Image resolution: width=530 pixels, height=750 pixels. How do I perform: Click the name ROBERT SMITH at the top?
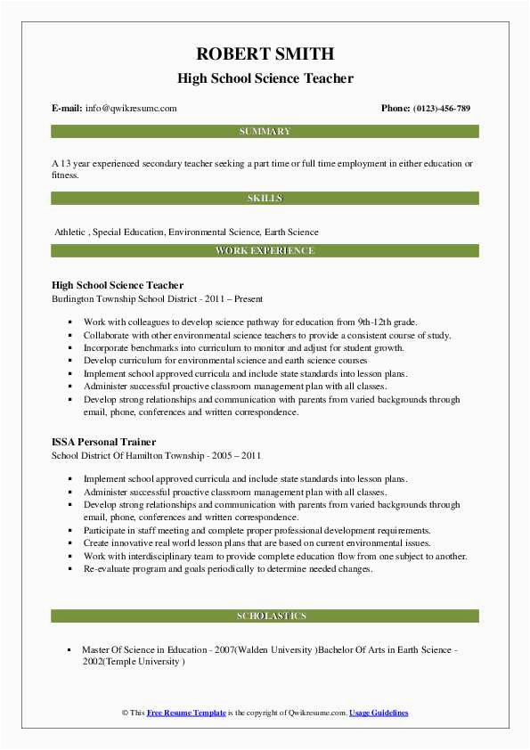point(265,53)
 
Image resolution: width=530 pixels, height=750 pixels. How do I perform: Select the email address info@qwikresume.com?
point(131,109)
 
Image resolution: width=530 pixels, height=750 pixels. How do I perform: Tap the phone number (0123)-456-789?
point(442,109)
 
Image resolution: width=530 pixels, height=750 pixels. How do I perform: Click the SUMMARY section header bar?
point(265,132)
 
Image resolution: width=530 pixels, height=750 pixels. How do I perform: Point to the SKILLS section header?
point(265,198)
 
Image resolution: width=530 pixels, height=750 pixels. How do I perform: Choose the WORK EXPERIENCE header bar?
point(265,251)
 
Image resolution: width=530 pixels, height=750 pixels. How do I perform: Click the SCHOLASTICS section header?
point(265,616)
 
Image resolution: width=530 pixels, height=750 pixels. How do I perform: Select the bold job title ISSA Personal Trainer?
point(104,442)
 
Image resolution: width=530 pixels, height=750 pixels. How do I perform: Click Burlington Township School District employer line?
point(157,299)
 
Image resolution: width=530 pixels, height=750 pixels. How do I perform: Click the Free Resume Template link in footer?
point(186,713)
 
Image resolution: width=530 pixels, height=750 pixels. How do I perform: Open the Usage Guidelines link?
point(379,713)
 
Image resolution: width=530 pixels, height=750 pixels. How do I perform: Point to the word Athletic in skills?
point(70,232)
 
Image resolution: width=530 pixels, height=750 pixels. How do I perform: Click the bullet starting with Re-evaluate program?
point(227,568)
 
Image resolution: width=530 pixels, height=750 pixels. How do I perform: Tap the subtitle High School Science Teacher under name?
point(265,78)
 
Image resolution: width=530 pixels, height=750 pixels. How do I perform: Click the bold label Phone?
point(395,109)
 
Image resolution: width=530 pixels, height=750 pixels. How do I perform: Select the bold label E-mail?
point(67,109)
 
